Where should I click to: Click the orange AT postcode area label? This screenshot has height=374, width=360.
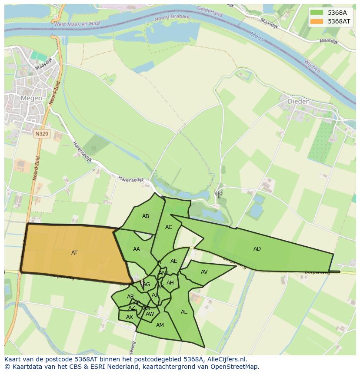74,252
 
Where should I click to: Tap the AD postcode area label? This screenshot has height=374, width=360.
257,249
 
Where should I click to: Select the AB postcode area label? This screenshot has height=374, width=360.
146,216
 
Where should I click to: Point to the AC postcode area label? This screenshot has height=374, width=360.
169,227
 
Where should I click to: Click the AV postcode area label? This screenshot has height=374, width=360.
204,272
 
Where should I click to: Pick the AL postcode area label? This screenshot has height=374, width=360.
184,312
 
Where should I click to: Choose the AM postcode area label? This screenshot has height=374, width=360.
160,325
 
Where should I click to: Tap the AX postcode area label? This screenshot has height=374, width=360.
129,317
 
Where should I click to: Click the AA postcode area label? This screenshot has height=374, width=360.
137,249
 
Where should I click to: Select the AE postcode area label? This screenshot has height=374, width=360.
173,261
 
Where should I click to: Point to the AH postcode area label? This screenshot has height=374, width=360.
170,283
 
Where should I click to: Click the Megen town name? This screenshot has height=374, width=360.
31,98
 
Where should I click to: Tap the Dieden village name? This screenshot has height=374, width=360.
299,101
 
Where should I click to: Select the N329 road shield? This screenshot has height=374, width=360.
42,134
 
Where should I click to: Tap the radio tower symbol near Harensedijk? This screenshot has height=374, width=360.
218,194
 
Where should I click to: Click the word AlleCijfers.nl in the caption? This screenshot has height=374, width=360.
226,359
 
